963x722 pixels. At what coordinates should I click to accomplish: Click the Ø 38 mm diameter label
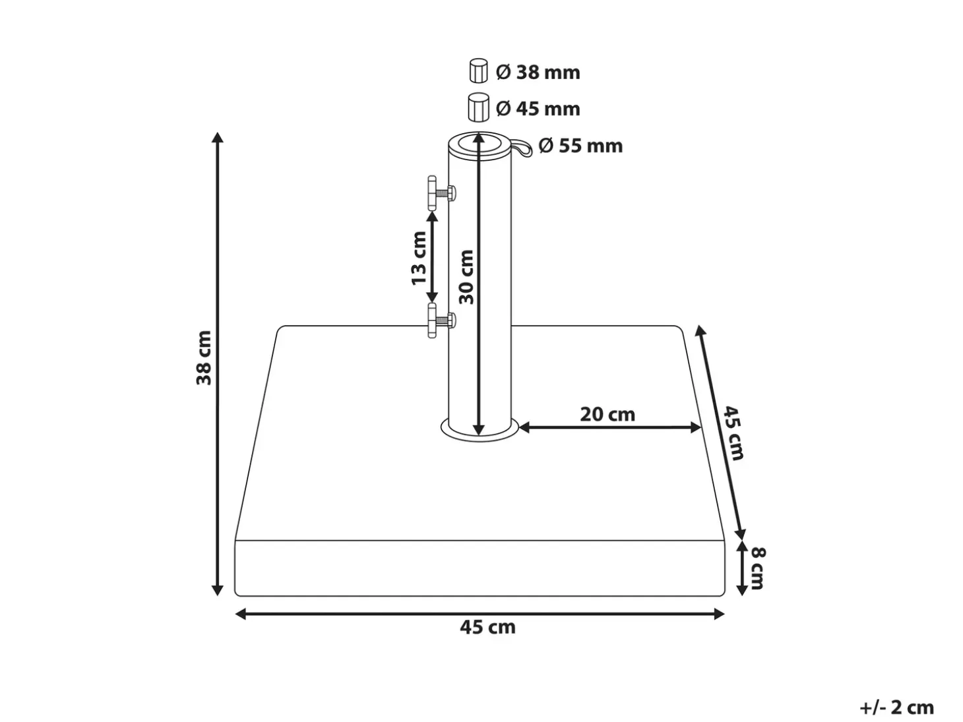point(538,73)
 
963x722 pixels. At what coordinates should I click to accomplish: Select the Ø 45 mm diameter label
point(538,109)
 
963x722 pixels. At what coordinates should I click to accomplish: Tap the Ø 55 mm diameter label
point(580,146)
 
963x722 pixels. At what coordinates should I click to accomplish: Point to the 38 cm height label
point(204,358)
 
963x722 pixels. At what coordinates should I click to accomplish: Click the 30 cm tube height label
point(466,277)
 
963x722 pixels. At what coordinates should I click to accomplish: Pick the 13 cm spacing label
point(419,258)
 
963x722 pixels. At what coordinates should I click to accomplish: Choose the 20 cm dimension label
point(607,414)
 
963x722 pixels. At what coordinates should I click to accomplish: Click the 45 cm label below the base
point(487,627)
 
